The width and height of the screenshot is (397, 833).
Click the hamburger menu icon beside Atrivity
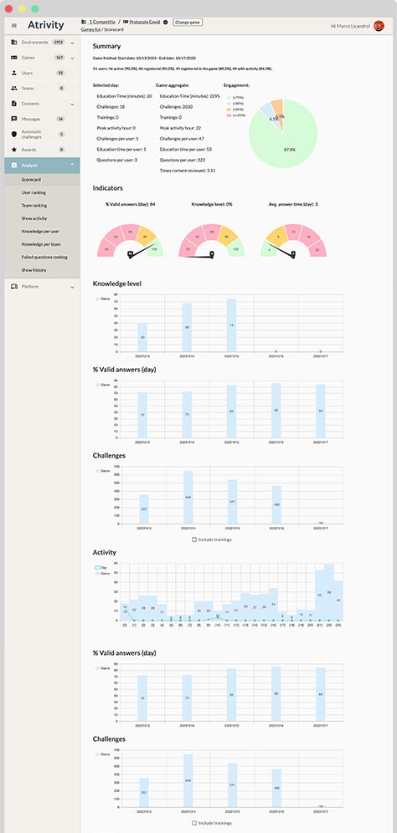[x=13, y=25]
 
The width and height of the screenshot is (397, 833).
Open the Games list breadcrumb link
[x=90, y=29]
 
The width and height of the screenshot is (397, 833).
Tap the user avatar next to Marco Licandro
[x=379, y=25]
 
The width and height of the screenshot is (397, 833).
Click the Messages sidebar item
[x=30, y=119]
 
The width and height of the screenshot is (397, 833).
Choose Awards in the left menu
[x=28, y=150]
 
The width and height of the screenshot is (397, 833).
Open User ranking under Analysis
[x=34, y=192]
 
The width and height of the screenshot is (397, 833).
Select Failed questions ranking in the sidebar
[x=44, y=257]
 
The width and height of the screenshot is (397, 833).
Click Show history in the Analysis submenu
[x=34, y=270]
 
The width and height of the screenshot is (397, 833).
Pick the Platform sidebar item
[x=29, y=287]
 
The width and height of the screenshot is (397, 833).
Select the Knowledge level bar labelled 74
[x=231, y=326]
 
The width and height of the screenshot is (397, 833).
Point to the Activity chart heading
[x=105, y=553]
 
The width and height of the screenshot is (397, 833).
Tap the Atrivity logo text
[x=45, y=25]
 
